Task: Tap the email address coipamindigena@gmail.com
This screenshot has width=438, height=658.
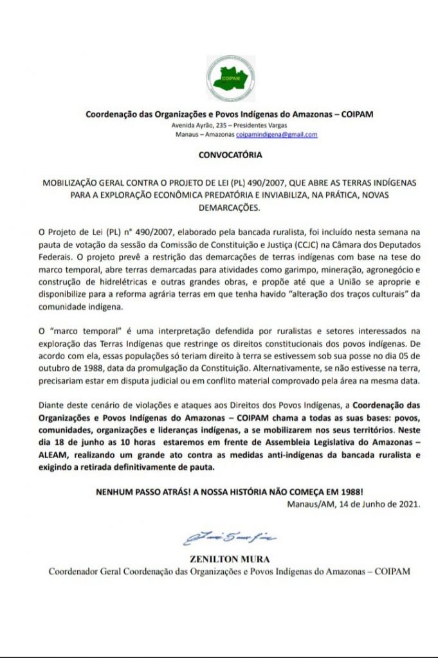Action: (277, 135)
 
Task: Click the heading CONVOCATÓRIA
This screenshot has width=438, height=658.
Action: (221, 154)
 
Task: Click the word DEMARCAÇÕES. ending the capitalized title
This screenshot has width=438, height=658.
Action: (220, 208)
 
